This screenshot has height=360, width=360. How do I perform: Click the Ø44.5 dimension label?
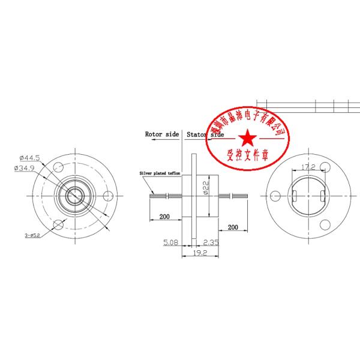[29, 158]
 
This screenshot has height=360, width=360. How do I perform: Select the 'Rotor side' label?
[162, 135]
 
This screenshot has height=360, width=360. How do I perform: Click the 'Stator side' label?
[205, 135]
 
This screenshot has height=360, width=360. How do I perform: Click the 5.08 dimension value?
[170, 242]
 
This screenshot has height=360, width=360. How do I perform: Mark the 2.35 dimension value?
[210, 242]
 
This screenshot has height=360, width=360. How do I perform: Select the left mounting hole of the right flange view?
[275, 195]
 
